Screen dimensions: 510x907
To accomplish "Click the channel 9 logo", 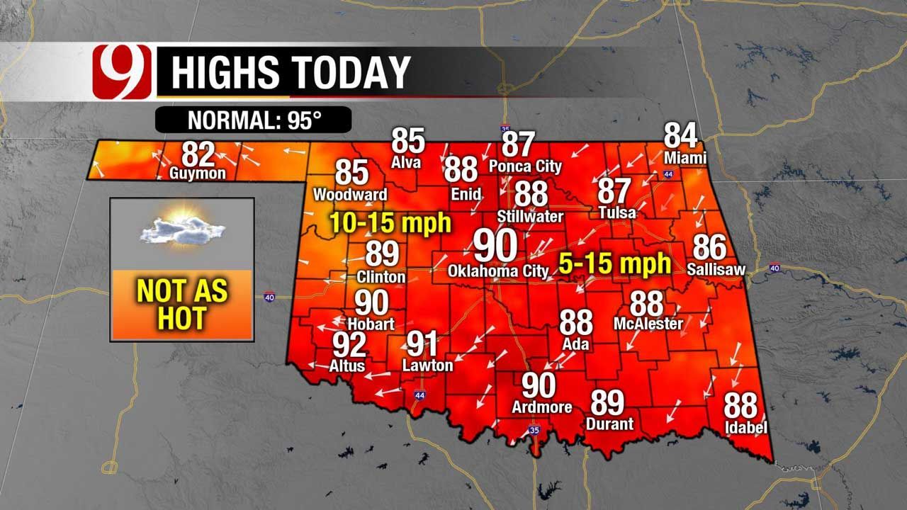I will coord(122,72).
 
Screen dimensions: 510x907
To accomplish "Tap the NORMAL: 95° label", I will coord(254,120).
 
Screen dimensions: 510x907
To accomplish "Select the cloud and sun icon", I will coord(182,227).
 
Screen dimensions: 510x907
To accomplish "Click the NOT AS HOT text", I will coord(182,305).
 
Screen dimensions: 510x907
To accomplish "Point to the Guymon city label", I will coord(198,173).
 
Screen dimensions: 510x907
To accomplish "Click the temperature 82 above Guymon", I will coord(198,154).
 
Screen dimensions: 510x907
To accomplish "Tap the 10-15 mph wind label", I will coord(390,223).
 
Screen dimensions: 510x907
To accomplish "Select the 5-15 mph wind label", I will coord(614,264).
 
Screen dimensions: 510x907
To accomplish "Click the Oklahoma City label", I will coord(498,271).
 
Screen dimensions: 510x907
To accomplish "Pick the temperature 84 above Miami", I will coord(680,135).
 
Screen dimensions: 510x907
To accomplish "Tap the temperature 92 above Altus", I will coord(349,346).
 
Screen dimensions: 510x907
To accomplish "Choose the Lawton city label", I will coord(427,365).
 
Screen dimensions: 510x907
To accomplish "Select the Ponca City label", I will coord(525,166).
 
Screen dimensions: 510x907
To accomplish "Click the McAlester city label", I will coord(648,324).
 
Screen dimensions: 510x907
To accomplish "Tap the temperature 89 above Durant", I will coord(608,403).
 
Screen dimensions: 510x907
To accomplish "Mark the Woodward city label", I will coord(350,194).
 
